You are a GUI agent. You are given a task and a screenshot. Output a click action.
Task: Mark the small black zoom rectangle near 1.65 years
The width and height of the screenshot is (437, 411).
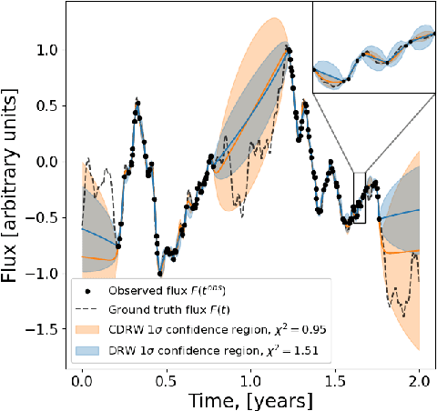(359, 197)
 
